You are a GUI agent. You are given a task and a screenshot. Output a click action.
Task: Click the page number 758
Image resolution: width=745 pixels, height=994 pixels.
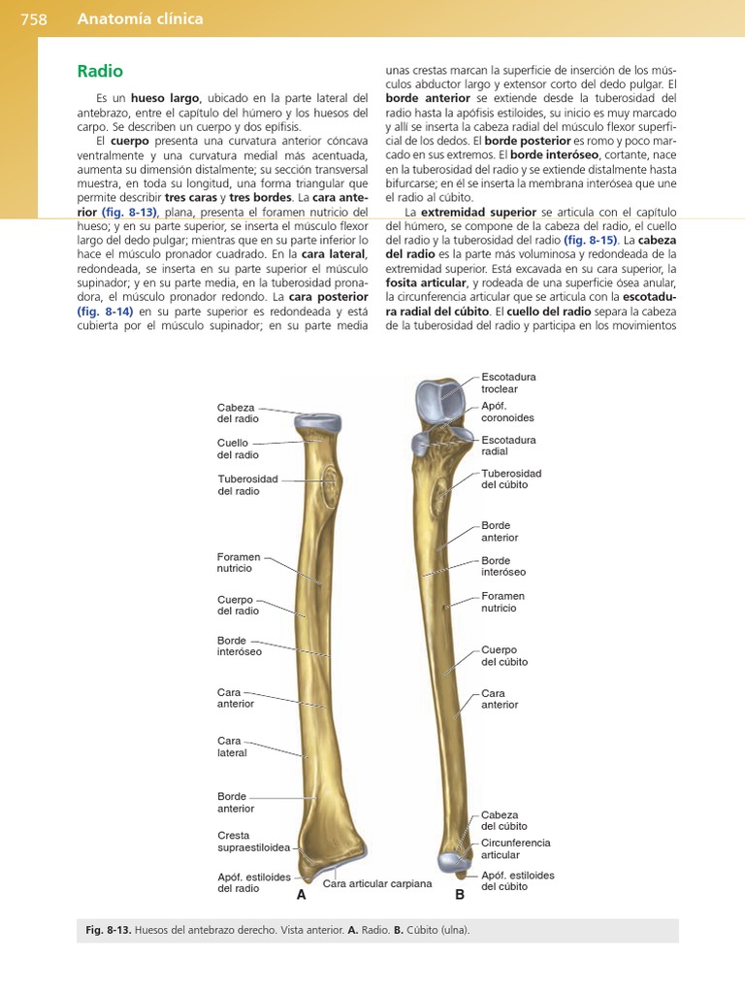33,18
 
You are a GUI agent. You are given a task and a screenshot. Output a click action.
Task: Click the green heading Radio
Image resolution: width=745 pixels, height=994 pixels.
100,72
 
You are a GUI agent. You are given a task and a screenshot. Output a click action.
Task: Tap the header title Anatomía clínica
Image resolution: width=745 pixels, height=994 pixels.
140,18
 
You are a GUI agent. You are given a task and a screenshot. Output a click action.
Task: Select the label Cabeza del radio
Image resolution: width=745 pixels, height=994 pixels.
238,413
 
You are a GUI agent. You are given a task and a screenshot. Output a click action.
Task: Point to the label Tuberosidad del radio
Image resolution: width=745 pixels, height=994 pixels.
248,485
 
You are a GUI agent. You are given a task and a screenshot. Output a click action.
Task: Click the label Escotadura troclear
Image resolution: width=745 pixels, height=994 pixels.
508,382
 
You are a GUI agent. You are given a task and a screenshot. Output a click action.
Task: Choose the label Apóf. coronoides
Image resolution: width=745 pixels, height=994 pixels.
507,412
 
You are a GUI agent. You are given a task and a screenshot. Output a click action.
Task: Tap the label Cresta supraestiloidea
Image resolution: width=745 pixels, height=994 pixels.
254,842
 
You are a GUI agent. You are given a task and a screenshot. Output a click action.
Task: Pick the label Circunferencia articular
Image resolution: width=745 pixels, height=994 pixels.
515,848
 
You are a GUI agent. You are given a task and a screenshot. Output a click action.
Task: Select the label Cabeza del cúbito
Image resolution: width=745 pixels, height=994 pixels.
500,820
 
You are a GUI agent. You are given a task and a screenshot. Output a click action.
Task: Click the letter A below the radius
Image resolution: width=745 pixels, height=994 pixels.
301,895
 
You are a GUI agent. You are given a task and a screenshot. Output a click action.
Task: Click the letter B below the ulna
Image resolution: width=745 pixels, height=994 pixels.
460,895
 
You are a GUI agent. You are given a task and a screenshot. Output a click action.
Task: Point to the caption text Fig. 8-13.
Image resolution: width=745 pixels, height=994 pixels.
107,930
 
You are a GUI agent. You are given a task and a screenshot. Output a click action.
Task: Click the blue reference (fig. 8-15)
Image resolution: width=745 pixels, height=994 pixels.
591,240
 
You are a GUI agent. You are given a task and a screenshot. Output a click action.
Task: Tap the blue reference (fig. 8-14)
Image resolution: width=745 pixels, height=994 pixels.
106,311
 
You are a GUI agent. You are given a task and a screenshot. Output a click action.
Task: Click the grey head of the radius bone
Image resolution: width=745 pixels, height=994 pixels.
317,423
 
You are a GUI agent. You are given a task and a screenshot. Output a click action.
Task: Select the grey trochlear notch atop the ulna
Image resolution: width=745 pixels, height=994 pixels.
441,396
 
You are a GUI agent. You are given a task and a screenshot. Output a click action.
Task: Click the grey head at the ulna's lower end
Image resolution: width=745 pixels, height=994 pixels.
451,859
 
